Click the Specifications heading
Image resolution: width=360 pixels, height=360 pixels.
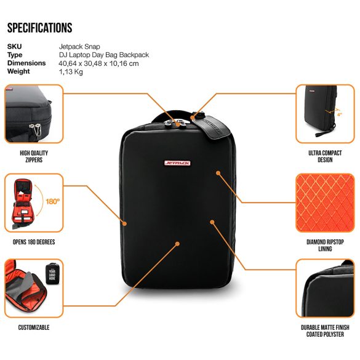pos(40,28)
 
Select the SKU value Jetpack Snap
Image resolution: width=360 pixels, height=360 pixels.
pos(79,47)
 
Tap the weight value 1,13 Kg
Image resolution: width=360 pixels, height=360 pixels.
pos(71,71)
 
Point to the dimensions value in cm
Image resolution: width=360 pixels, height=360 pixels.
pos(98,63)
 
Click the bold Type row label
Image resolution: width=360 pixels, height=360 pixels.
pos(15,55)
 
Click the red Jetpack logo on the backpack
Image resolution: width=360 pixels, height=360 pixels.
pos(177,163)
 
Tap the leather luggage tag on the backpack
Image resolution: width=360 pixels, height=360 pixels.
pos(212,126)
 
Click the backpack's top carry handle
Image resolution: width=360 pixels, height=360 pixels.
pos(172,116)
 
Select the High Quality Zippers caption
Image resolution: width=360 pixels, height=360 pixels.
pos(34,156)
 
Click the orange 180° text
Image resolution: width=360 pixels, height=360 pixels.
pos(52,202)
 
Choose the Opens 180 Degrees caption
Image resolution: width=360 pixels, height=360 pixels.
pos(34,242)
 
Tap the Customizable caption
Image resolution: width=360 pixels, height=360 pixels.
pos(34,327)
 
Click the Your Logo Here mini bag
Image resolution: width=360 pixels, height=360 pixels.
pos(52,274)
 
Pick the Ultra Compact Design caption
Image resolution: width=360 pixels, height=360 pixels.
pos(325,156)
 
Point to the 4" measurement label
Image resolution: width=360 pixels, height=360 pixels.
pos(340,114)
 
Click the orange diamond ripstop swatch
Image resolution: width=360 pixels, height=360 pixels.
pos(325,203)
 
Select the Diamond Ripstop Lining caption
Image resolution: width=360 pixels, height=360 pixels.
pos(325,245)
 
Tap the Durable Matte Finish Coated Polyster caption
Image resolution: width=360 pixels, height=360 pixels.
pos(325,331)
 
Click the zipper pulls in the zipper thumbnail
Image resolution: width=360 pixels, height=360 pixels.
pos(36,129)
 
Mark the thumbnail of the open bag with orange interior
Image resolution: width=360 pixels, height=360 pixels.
pos(34,203)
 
